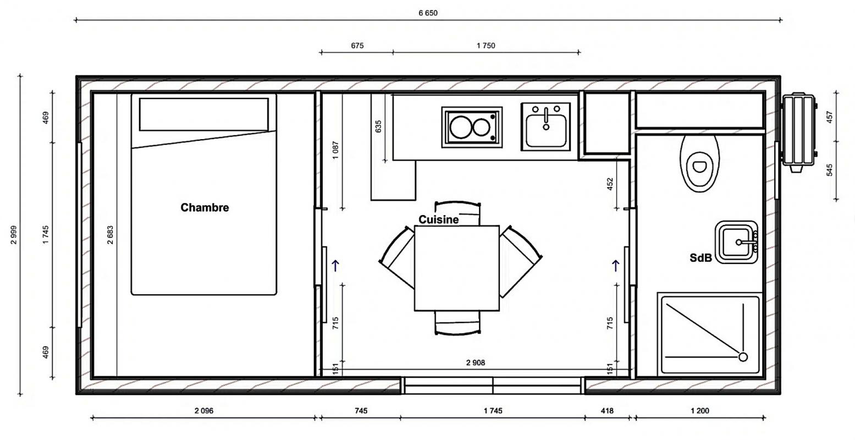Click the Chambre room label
[205, 207]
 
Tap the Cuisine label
[439, 219]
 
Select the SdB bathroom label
[701, 258]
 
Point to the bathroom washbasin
[736, 242]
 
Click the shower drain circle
[743, 357]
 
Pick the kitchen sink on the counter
[546, 127]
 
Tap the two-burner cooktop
[472, 127]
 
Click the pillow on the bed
[204, 114]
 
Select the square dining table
[457, 268]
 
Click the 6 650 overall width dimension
[428, 13]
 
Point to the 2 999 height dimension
[14, 235]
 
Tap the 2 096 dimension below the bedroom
[204, 411]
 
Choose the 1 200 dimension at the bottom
[700, 411]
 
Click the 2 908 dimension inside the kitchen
[476, 362]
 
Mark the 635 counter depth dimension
[378, 127]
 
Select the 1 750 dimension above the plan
[486, 46]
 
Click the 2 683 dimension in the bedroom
[110, 235]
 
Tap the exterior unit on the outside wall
[798, 132]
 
